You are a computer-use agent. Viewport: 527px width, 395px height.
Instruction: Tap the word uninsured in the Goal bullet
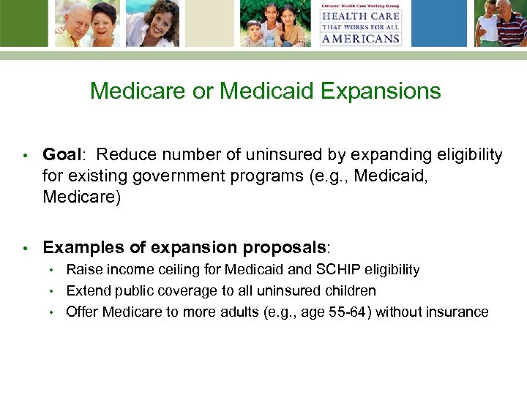(x=280, y=155)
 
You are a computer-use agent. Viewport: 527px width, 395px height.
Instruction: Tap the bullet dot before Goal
(x=24, y=156)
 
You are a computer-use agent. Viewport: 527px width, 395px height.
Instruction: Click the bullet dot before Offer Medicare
(x=52, y=312)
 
